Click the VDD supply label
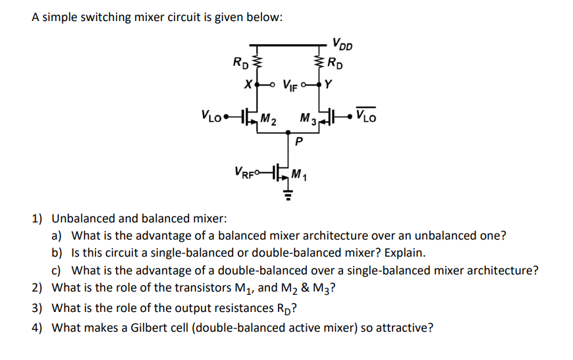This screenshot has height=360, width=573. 342,45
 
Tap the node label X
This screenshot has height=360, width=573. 247,85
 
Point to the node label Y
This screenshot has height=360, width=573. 329,84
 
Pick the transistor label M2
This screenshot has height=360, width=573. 268,119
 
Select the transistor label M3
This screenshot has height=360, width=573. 307,119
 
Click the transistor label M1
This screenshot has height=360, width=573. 300,175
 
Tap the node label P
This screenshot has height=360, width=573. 298,140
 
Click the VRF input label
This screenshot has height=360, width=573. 245,172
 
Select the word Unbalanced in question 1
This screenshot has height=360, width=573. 84,218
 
